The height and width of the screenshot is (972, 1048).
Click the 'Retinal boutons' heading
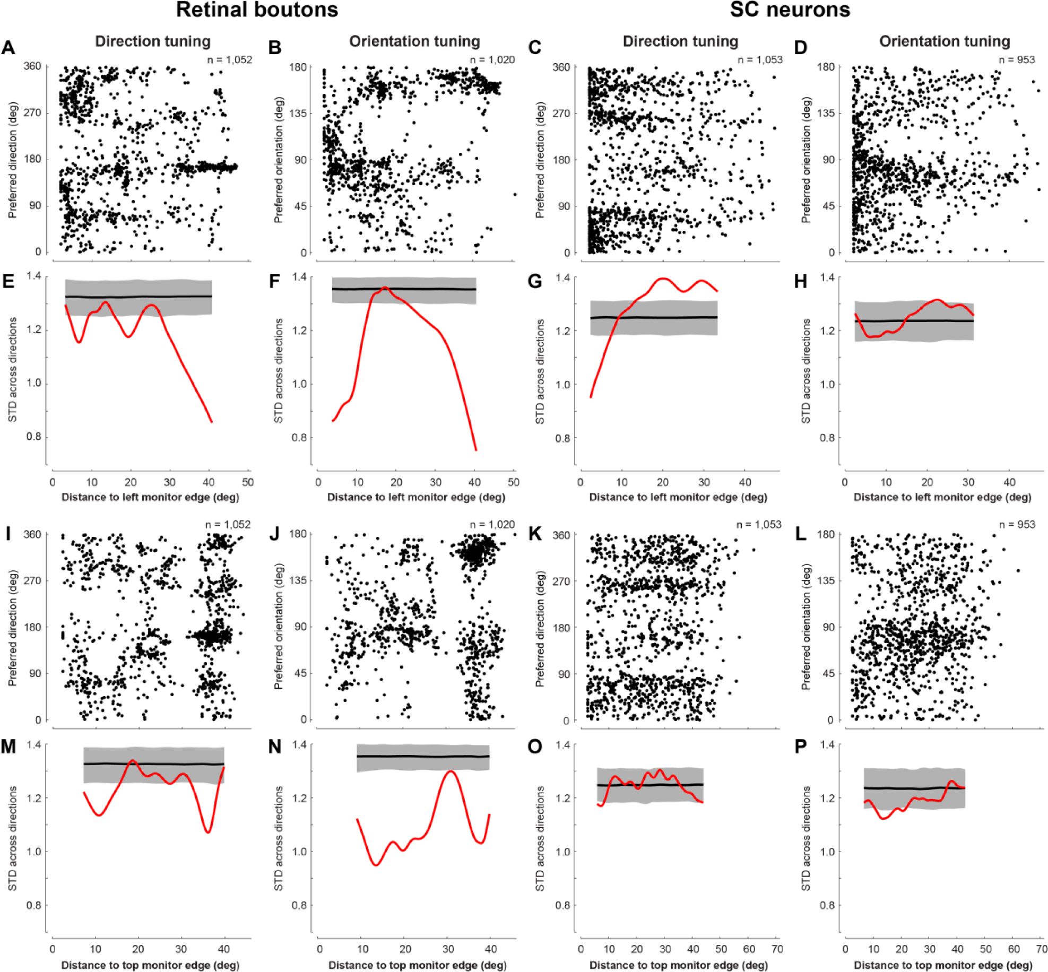[x=257, y=10]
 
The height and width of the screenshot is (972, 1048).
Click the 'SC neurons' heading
[x=790, y=10]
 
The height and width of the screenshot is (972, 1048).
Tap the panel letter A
[x=8, y=48]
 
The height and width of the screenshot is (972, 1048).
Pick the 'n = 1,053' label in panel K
[x=759, y=525]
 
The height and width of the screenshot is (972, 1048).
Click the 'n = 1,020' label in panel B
[x=492, y=59]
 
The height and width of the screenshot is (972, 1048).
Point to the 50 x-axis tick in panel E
[x=248, y=482]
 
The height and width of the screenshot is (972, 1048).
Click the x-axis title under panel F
[x=416, y=498]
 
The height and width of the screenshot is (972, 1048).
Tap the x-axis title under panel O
[x=678, y=965]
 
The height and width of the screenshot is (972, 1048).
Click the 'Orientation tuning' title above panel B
[x=414, y=41]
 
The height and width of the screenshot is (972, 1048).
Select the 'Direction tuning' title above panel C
[x=680, y=41]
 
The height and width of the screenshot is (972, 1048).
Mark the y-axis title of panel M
[x=13, y=838]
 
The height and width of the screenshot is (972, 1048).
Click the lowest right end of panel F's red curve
[x=476, y=450]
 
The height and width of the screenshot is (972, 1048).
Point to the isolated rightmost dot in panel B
[x=514, y=194]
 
